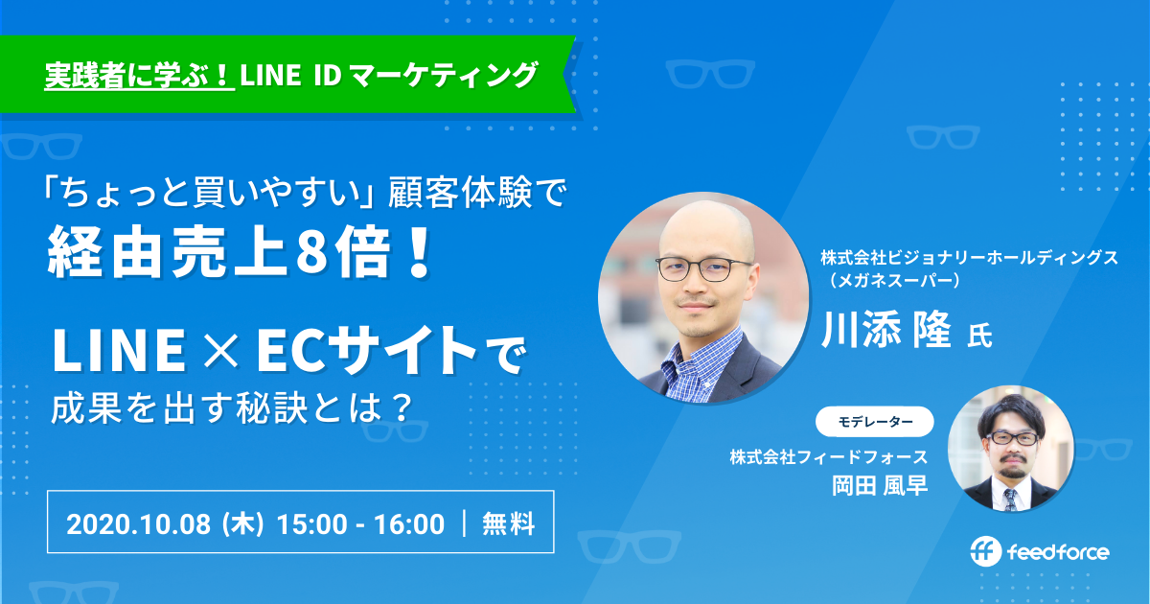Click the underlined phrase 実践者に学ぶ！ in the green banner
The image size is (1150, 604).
point(139,75)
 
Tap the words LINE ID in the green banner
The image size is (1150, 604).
point(290,75)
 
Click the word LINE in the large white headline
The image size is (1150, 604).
point(119,352)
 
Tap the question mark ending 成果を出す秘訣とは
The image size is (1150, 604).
point(400,408)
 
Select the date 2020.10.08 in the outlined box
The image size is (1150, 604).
point(138,523)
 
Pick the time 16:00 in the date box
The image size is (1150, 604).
point(409,523)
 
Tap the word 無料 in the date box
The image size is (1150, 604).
point(508,523)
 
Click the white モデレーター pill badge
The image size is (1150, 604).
point(875,422)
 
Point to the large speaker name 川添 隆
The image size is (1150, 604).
point(886,330)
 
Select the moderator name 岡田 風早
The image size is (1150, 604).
point(880,485)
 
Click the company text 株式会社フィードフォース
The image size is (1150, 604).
point(829,456)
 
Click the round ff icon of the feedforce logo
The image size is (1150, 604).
point(986,551)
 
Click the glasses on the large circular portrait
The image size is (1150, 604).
point(703,268)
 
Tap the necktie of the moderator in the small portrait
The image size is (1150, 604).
point(1009,499)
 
